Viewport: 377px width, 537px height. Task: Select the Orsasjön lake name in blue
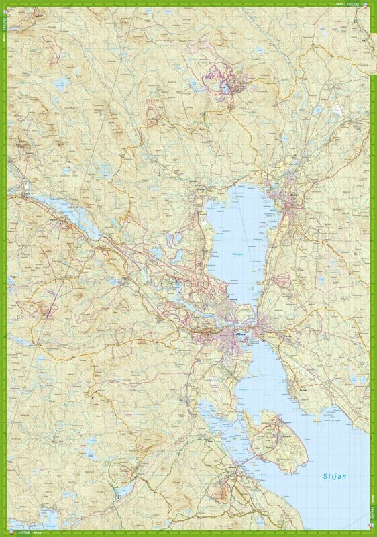click(239, 255)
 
